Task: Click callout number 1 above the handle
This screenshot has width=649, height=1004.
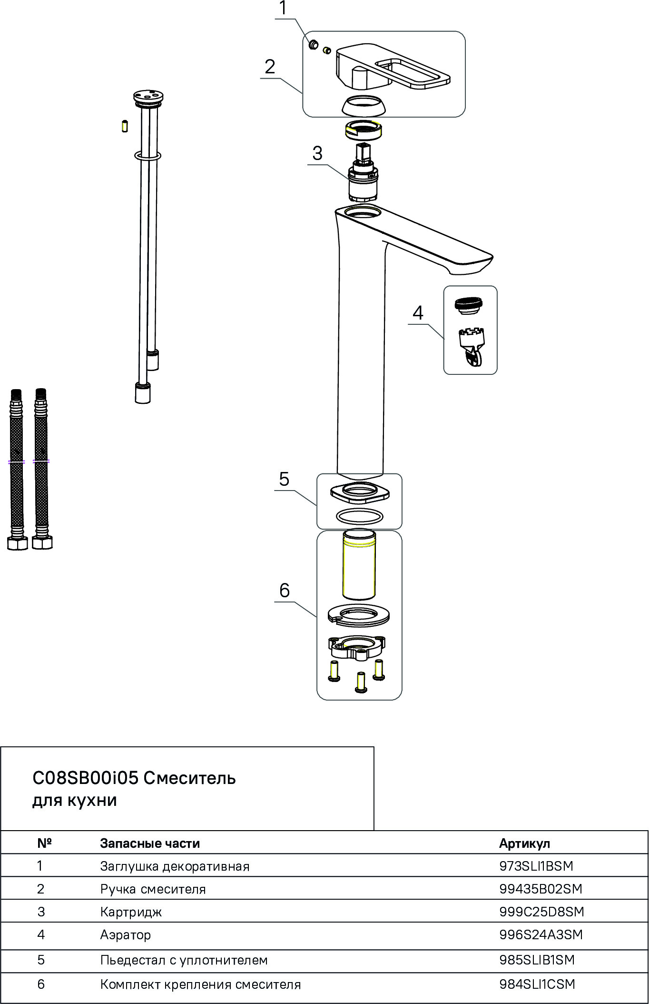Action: click(283, 9)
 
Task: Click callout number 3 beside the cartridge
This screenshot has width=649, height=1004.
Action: click(317, 153)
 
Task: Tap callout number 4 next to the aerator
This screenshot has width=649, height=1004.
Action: click(418, 313)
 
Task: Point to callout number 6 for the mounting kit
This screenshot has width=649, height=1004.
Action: click(284, 591)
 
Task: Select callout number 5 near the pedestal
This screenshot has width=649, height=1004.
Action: click(284, 479)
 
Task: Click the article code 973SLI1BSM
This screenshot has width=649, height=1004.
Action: click(536, 866)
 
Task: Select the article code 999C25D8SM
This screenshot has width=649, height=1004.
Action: click(541, 912)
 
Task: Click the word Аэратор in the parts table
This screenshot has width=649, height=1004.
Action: click(126, 935)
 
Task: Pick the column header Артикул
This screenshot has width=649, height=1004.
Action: click(524, 843)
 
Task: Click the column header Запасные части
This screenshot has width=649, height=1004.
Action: click(150, 843)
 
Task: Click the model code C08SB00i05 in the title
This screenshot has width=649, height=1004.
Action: click(85, 778)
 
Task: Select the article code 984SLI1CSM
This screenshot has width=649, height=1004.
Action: click(537, 984)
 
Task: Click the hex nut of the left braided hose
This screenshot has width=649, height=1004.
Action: click(18, 543)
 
